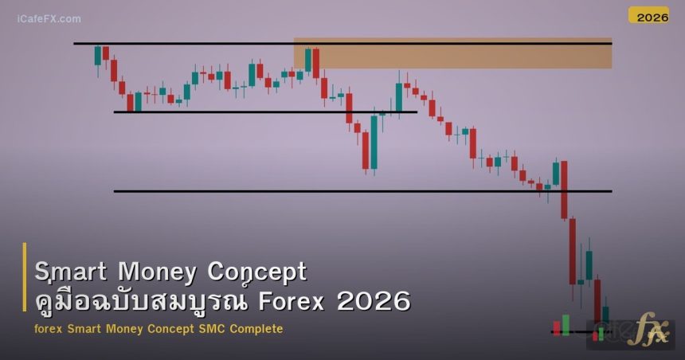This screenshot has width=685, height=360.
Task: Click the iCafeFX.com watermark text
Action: click(49, 18)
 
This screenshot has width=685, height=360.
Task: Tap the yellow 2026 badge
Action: click(648, 16)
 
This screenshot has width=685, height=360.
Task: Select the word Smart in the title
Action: click(69, 272)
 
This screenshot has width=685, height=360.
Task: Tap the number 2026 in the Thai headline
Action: click(374, 302)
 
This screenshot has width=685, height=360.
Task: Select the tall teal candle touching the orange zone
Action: click(307, 61)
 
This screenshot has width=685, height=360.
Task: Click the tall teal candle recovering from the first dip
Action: click(374, 142)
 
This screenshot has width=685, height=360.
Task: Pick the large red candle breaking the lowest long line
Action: click(564, 190)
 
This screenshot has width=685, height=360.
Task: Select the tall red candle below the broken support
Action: click(572, 252)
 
